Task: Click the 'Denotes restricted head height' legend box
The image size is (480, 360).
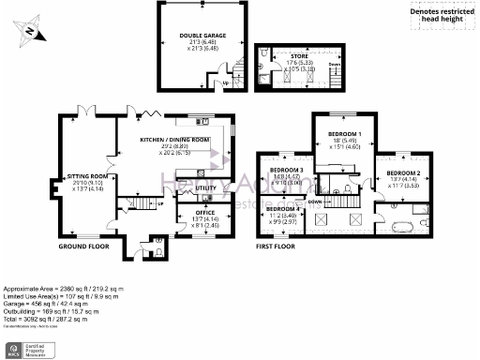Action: click(x=441, y=13)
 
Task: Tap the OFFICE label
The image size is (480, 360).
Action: click(x=205, y=213)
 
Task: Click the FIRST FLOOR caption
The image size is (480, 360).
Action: click(x=277, y=247)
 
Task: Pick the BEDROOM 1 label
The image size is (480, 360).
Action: click(x=340, y=135)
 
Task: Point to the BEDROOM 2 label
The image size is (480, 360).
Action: click(x=402, y=173)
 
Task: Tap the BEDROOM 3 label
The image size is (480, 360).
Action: click(x=286, y=171)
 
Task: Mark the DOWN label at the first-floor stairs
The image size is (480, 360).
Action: click(x=316, y=202)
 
